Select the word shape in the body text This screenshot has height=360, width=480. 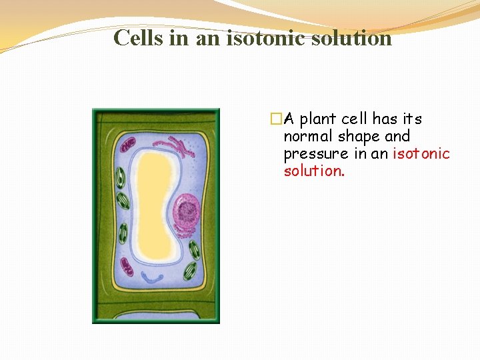coord(357,137)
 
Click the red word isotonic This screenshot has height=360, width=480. coord(421,154)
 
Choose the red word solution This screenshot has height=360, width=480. coord(313,171)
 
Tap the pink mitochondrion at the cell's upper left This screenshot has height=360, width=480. coord(127,143)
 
